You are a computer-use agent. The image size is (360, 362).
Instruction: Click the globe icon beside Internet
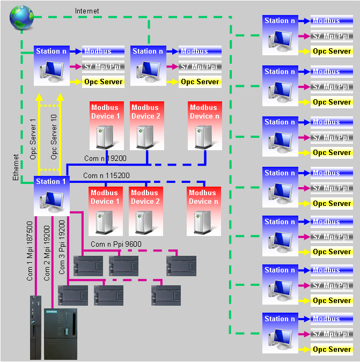[x=21, y=18]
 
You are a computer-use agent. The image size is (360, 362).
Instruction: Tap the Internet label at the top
[x=87, y=11]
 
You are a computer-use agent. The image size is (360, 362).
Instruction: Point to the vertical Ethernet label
[x=16, y=166]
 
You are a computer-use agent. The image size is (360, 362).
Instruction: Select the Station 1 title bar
[x=52, y=181]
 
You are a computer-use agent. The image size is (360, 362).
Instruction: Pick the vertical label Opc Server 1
[x=33, y=138]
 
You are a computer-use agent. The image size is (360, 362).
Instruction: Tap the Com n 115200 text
[x=106, y=175]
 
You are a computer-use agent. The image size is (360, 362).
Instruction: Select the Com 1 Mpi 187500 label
[x=30, y=250]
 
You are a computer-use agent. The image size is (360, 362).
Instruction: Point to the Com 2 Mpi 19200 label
[x=47, y=250]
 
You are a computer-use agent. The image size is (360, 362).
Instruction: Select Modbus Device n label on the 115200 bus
[x=204, y=197]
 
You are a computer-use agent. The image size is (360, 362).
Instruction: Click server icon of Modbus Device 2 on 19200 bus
[x=145, y=137]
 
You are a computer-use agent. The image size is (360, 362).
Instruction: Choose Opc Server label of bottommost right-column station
[x=332, y=349]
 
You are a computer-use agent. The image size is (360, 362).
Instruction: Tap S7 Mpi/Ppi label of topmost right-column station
[x=332, y=36]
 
